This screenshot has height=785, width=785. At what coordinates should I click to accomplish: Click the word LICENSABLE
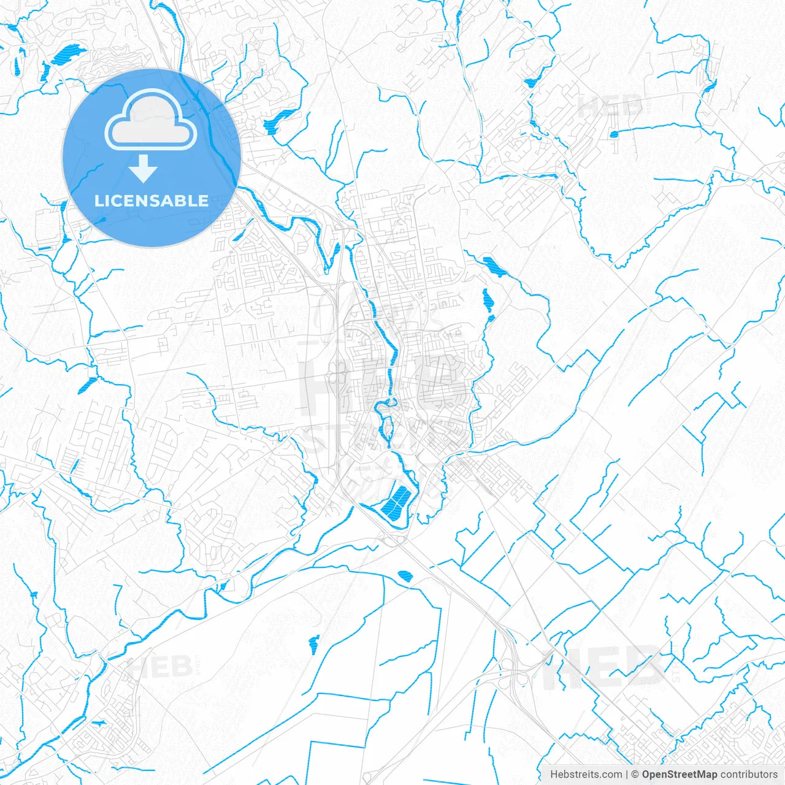(x=151, y=201)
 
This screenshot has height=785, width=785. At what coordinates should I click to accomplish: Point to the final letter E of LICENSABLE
(x=202, y=201)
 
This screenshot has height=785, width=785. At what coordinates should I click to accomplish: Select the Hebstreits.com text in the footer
(x=586, y=775)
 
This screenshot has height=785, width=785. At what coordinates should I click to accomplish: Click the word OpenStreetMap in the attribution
(x=679, y=775)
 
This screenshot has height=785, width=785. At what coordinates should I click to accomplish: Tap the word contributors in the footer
(x=749, y=775)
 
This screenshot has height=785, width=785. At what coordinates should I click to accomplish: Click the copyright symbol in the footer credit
(x=635, y=775)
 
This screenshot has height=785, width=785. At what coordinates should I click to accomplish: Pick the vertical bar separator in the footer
(x=627, y=775)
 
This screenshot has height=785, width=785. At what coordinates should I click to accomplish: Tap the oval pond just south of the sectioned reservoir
(x=405, y=575)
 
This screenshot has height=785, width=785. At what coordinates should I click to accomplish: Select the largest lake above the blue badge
(x=68, y=54)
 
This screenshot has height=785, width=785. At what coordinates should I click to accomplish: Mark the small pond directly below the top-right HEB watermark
(x=614, y=134)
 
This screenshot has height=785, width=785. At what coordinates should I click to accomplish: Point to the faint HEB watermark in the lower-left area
(x=159, y=667)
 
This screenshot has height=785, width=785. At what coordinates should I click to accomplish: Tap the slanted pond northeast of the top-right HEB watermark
(x=710, y=85)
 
